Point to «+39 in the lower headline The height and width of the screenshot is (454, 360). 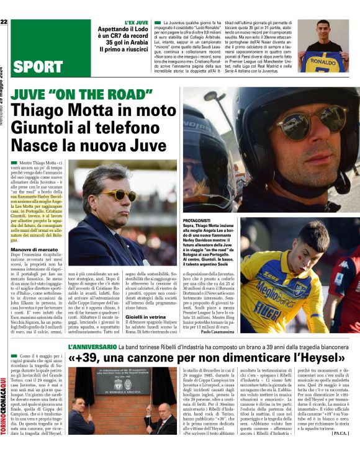pyautogui.click(x=83, y=358)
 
